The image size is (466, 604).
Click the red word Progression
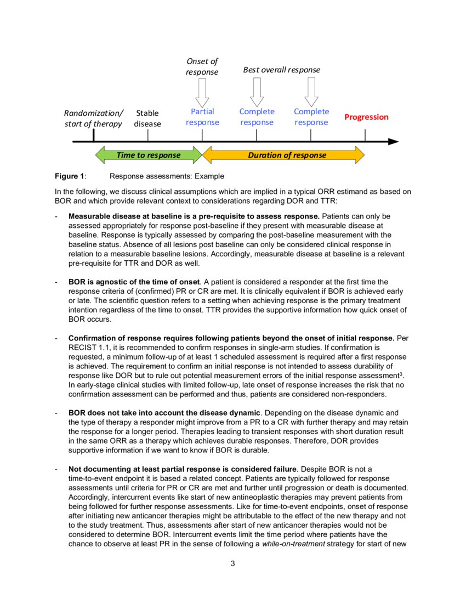point(366,117)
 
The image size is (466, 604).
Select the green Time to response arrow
point(148,155)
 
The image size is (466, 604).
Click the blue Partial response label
point(202,117)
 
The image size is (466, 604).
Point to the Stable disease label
point(147,118)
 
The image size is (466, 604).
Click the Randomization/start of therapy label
point(93,118)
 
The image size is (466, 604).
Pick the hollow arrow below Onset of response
point(202,92)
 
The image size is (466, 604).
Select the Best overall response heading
point(281,70)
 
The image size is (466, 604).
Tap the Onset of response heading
point(202,66)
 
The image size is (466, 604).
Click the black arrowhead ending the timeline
point(393,142)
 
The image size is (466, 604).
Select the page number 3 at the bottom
point(232,563)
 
